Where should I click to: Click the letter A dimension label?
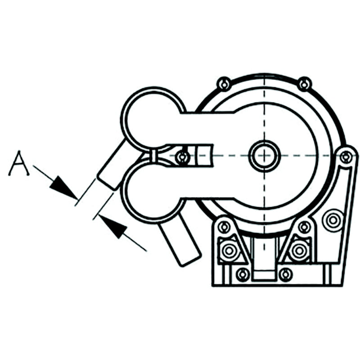coord(19,163)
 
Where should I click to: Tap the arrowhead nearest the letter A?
coord(63,187)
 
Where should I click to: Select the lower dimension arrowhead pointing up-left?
coord(113,226)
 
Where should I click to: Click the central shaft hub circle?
coord(265,155)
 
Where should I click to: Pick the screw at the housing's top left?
coord(224,85)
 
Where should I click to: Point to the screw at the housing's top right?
coord(304,84)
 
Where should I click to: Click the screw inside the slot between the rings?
coord(183,157)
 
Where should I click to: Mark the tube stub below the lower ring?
coord(180,239)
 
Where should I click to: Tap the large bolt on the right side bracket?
coord(333,220)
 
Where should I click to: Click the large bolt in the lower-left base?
coord(229,250)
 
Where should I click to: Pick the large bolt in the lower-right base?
coord(299,250)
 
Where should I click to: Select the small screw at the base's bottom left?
coord(243,274)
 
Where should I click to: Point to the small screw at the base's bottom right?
coord(285,274)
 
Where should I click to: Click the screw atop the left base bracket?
coord(224,227)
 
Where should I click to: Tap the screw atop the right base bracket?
coord(305,227)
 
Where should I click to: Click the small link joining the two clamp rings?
coord(153,156)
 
